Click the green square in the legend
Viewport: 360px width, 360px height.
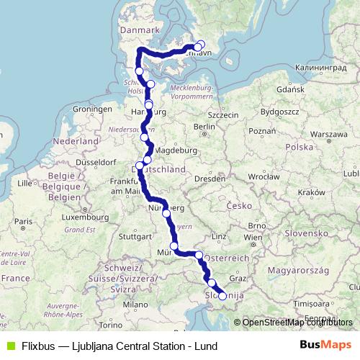pyautogui.click(x=9, y=345)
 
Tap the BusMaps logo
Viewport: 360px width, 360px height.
pyautogui.click(x=325, y=345)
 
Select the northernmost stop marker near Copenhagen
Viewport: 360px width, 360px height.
pyautogui.click(x=201, y=44)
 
